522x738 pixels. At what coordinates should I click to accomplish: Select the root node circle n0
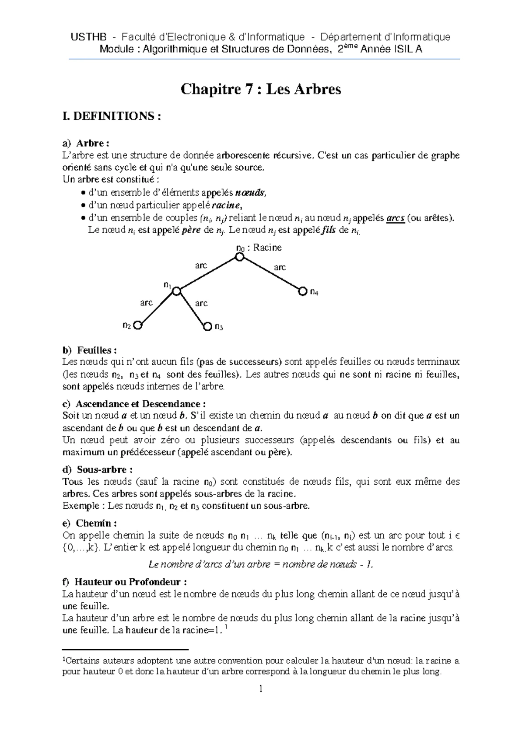coord(239,258)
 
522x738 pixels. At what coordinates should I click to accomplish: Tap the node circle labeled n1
coord(176,291)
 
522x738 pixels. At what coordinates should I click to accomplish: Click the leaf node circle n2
coord(138,325)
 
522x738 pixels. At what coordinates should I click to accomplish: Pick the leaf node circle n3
coord(207,326)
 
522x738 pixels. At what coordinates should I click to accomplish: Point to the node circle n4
coord(302,292)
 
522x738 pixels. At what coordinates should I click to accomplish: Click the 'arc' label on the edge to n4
coord(280,267)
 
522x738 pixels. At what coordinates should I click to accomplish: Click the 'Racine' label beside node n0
coord(268,248)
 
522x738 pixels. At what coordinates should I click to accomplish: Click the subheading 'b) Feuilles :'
coord(90,350)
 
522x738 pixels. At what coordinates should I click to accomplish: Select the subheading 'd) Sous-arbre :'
coord(97,470)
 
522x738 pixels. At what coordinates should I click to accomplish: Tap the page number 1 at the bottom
coord(261,689)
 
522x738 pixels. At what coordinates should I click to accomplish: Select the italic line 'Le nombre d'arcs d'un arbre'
coord(261,564)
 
